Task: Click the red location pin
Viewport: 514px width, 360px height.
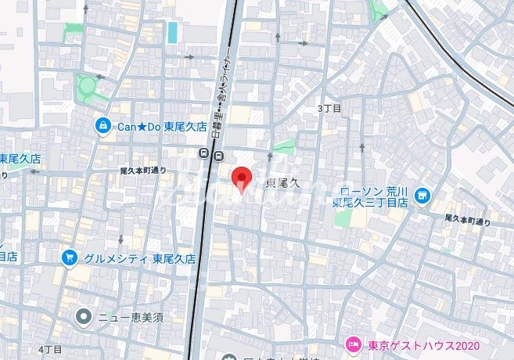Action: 243,179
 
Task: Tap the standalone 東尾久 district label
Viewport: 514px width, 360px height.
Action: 283,183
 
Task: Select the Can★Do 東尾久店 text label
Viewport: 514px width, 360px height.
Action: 162,125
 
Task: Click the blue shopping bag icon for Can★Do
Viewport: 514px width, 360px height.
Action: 102,125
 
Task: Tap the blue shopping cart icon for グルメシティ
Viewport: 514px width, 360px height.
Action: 69,257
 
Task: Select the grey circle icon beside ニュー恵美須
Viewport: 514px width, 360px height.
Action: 83,317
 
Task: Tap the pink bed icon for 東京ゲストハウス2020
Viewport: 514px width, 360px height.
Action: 353,344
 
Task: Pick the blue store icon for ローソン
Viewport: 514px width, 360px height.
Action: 423,194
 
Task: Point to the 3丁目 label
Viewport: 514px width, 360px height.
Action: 330,109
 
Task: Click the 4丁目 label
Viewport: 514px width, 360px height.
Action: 49,347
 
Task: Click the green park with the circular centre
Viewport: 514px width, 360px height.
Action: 88,84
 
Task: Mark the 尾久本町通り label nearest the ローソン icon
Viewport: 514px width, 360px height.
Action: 468,220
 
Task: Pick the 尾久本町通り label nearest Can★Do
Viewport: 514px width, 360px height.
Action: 143,171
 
